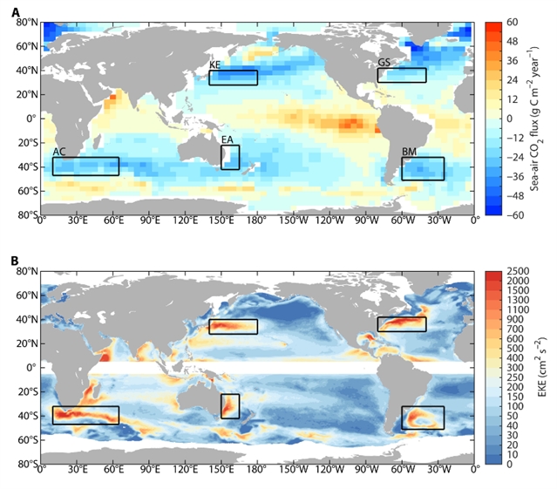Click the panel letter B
[16, 260]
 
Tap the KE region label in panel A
[214, 65]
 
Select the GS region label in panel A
[384, 63]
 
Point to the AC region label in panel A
[59, 152]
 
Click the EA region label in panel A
[227, 139]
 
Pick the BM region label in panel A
[409, 152]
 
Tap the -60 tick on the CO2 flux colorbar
[513, 214]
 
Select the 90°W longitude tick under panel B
[366, 473]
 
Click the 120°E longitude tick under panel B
[186, 473]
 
